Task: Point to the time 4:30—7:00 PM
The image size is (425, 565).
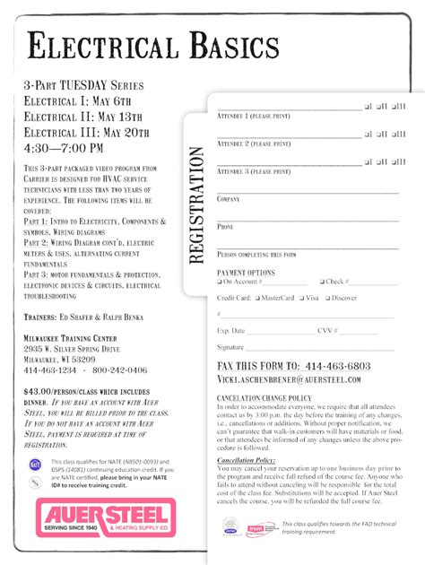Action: tap(64, 147)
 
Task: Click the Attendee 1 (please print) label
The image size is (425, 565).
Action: tap(254, 117)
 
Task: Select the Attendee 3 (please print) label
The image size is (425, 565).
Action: tap(254, 169)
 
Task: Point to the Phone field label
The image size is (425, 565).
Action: tap(225, 227)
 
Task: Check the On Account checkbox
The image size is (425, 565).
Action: tap(220, 282)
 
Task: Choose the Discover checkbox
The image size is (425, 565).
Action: tap(328, 298)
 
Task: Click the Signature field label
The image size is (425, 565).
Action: tap(230, 346)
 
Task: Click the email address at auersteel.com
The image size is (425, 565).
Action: tap(289, 379)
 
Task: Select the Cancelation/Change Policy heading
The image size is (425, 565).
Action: tap(265, 397)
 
